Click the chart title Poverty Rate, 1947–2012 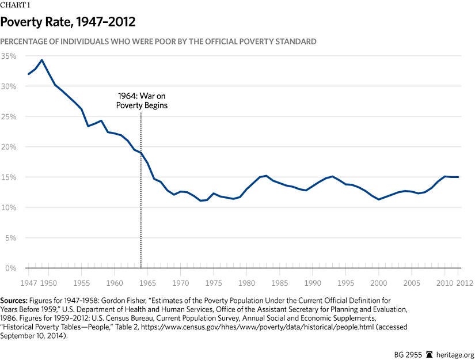pyautogui.click(x=68, y=22)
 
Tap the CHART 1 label pyautogui.click(x=16, y=5)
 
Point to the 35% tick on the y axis pyautogui.click(x=9, y=56)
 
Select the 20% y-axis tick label pyautogui.click(x=9, y=147)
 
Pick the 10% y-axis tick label pyautogui.click(x=9, y=207)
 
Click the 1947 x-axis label pyautogui.click(x=28, y=283)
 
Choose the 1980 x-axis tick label pyautogui.click(x=248, y=283)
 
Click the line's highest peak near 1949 pyautogui.click(x=41, y=60)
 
